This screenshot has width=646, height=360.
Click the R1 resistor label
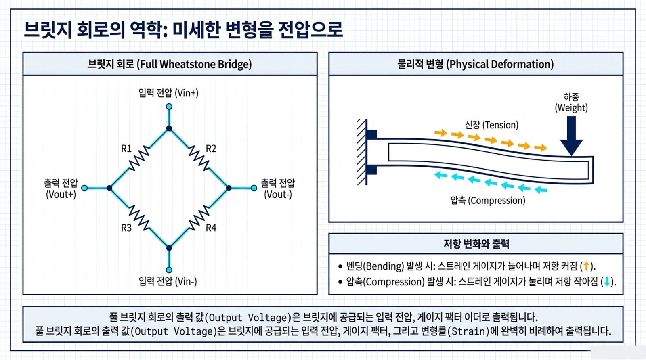[126, 149]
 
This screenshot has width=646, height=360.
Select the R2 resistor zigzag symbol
[199, 158]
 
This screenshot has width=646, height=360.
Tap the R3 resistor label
[126, 228]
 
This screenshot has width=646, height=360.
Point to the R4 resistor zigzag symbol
[199, 218]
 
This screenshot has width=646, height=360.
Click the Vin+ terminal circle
[169, 107]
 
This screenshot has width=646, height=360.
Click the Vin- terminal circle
[169, 270]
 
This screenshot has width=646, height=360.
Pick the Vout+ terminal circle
[84, 188]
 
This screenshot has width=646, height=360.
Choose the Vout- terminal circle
[254, 188]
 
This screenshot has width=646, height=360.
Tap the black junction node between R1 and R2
[169, 129]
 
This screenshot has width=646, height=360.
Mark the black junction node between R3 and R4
[169, 248]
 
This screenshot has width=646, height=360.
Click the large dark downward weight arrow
[571, 136]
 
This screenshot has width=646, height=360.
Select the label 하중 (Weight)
[571, 103]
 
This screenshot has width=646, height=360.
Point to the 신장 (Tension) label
[492, 125]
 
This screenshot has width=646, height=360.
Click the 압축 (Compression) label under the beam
[488, 200]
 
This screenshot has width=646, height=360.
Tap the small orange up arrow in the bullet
[586, 266]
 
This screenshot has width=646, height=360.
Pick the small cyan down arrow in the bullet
[607, 281]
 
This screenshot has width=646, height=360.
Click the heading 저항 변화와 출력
[476, 244]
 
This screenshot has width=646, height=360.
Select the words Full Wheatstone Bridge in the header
[195, 64]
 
